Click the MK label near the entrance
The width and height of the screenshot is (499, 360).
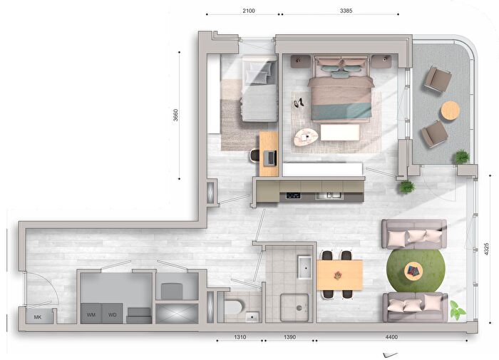(x=38, y=317)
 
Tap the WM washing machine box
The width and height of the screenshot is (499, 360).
(x=91, y=314)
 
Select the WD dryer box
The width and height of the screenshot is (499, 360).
(x=113, y=314)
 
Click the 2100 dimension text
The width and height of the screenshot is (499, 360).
(x=249, y=11)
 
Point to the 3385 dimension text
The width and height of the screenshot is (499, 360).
(x=346, y=11)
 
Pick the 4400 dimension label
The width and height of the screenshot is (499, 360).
(x=391, y=336)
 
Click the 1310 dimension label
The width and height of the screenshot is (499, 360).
(x=240, y=336)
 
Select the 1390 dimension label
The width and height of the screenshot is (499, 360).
(x=289, y=336)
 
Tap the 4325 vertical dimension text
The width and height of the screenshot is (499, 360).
(x=486, y=249)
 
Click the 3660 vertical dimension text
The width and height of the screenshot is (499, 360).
(x=175, y=115)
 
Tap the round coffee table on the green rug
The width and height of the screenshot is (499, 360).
(x=413, y=272)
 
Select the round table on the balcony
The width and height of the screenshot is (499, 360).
(x=451, y=110)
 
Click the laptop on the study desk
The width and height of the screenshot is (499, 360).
(x=270, y=158)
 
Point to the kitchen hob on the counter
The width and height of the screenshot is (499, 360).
(x=293, y=195)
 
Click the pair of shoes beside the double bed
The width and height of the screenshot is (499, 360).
(x=299, y=103)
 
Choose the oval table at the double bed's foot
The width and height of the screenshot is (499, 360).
(x=306, y=137)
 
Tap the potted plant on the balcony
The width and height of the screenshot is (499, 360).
(x=462, y=157)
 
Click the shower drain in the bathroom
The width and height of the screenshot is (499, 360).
(x=299, y=308)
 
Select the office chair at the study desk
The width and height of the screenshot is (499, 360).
(x=255, y=155)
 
